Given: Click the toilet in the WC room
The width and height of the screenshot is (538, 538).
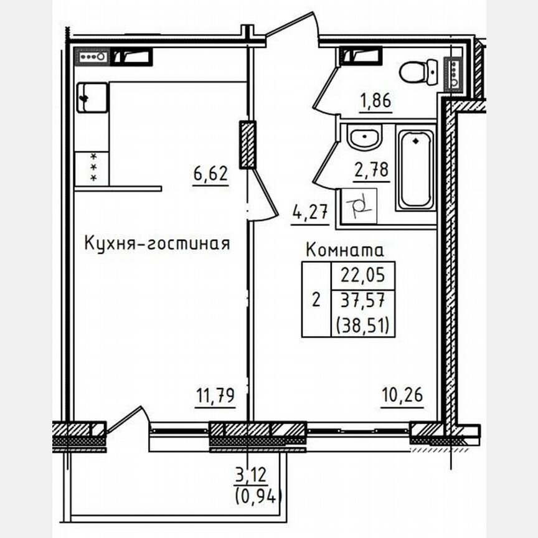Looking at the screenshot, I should click(x=418, y=72).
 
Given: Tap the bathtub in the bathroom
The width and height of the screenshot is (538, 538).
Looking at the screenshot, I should click(x=416, y=169).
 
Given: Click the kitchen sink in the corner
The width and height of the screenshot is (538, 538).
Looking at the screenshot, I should click(x=92, y=98).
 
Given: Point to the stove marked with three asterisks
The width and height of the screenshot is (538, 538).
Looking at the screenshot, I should click(x=92, y=168).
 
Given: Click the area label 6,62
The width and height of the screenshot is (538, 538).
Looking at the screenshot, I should click(x=210, y=174).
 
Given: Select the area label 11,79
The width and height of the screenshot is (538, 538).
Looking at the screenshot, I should click(x=215, y=395).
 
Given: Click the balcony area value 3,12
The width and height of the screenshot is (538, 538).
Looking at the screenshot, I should click(x=251, y=479).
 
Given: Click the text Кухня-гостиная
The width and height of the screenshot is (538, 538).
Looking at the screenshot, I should click(x=157, y=243).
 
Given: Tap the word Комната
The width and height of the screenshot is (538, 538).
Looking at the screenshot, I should click(x=346, y=250).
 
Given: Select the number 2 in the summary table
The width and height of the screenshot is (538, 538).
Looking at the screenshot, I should click(x=316, y=300).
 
